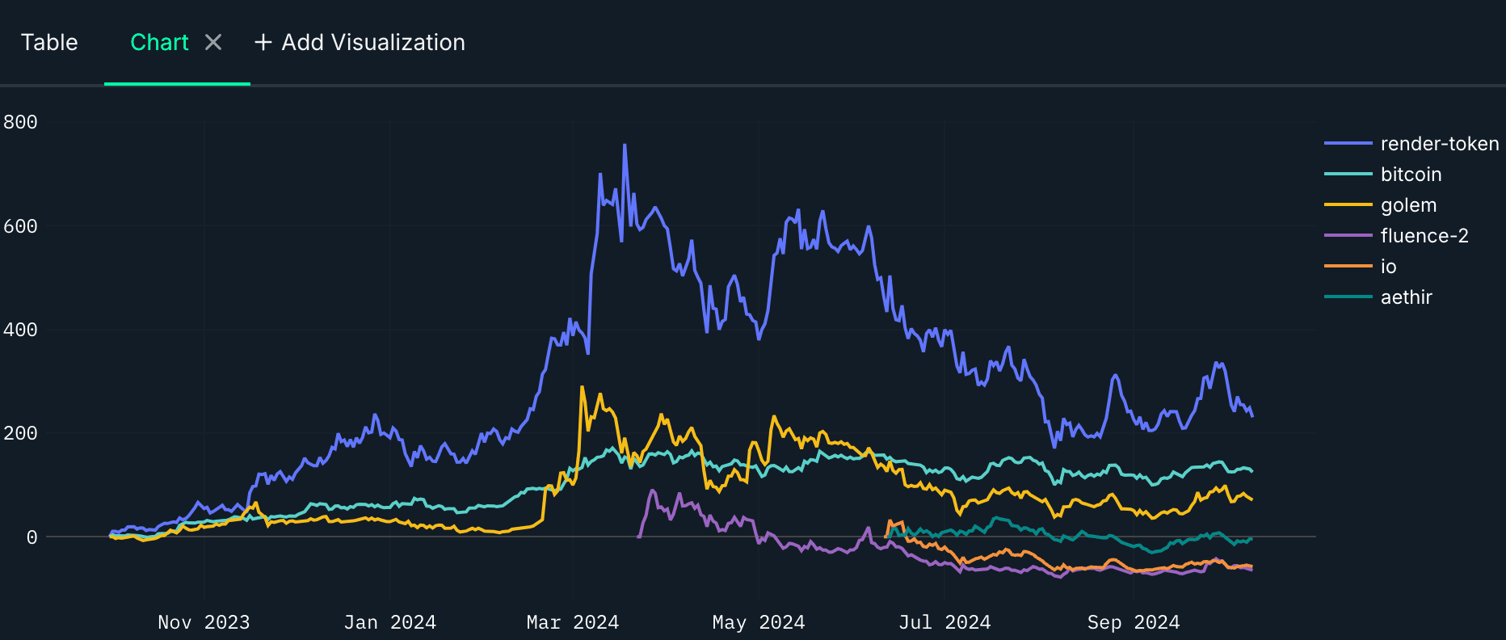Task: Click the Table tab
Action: click(49, 42)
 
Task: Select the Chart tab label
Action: click(159, 42)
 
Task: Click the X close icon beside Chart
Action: click(213, 42)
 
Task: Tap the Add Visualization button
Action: click(360, 42)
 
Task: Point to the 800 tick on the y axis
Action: click(20, 122)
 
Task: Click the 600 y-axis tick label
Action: click(20, 226)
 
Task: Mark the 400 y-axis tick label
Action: click(20, 330)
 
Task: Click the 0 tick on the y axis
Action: click(32, 537)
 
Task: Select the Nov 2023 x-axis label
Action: click(204, 622)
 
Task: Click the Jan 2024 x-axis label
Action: click(389, 622)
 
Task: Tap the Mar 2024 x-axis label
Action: click(572, 622)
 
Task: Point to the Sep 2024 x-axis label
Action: click(1133, 622)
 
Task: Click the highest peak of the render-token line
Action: click(625, 145)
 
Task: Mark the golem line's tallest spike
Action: click(582, 387)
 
